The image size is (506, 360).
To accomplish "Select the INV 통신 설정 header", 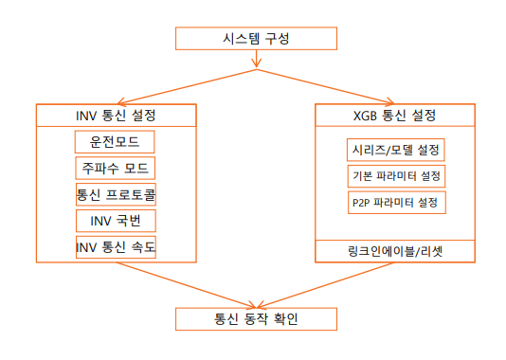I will pyautogui.click(x=115, y=116).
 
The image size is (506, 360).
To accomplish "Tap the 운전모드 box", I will pyautogui.click(x=115, y=142).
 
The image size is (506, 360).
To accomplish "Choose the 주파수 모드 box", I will pyautogui.click(x=115, y=169).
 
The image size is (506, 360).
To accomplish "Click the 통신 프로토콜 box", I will pyautogui.click(x=115, y=195).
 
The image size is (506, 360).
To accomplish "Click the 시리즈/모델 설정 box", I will pyautogui.click(x=395, y=151).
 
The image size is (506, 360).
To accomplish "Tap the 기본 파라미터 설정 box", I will pyautogui.click(x=395, y=177).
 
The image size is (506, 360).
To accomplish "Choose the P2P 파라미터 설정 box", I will pyautogui.click(x=395, y=203).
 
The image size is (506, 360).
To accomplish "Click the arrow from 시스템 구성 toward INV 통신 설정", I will pyautogui.click(x=180, y=86).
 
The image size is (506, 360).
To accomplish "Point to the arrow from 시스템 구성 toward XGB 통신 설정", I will pyautogui.click(x=327, y=86).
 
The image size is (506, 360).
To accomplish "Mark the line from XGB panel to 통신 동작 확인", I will pyautogui.click(x=327, y=285).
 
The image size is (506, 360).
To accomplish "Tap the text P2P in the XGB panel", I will pyautogui.click(x=361, y=203).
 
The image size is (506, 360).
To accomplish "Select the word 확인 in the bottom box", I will pyautogui.click(x=283, y=318).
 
